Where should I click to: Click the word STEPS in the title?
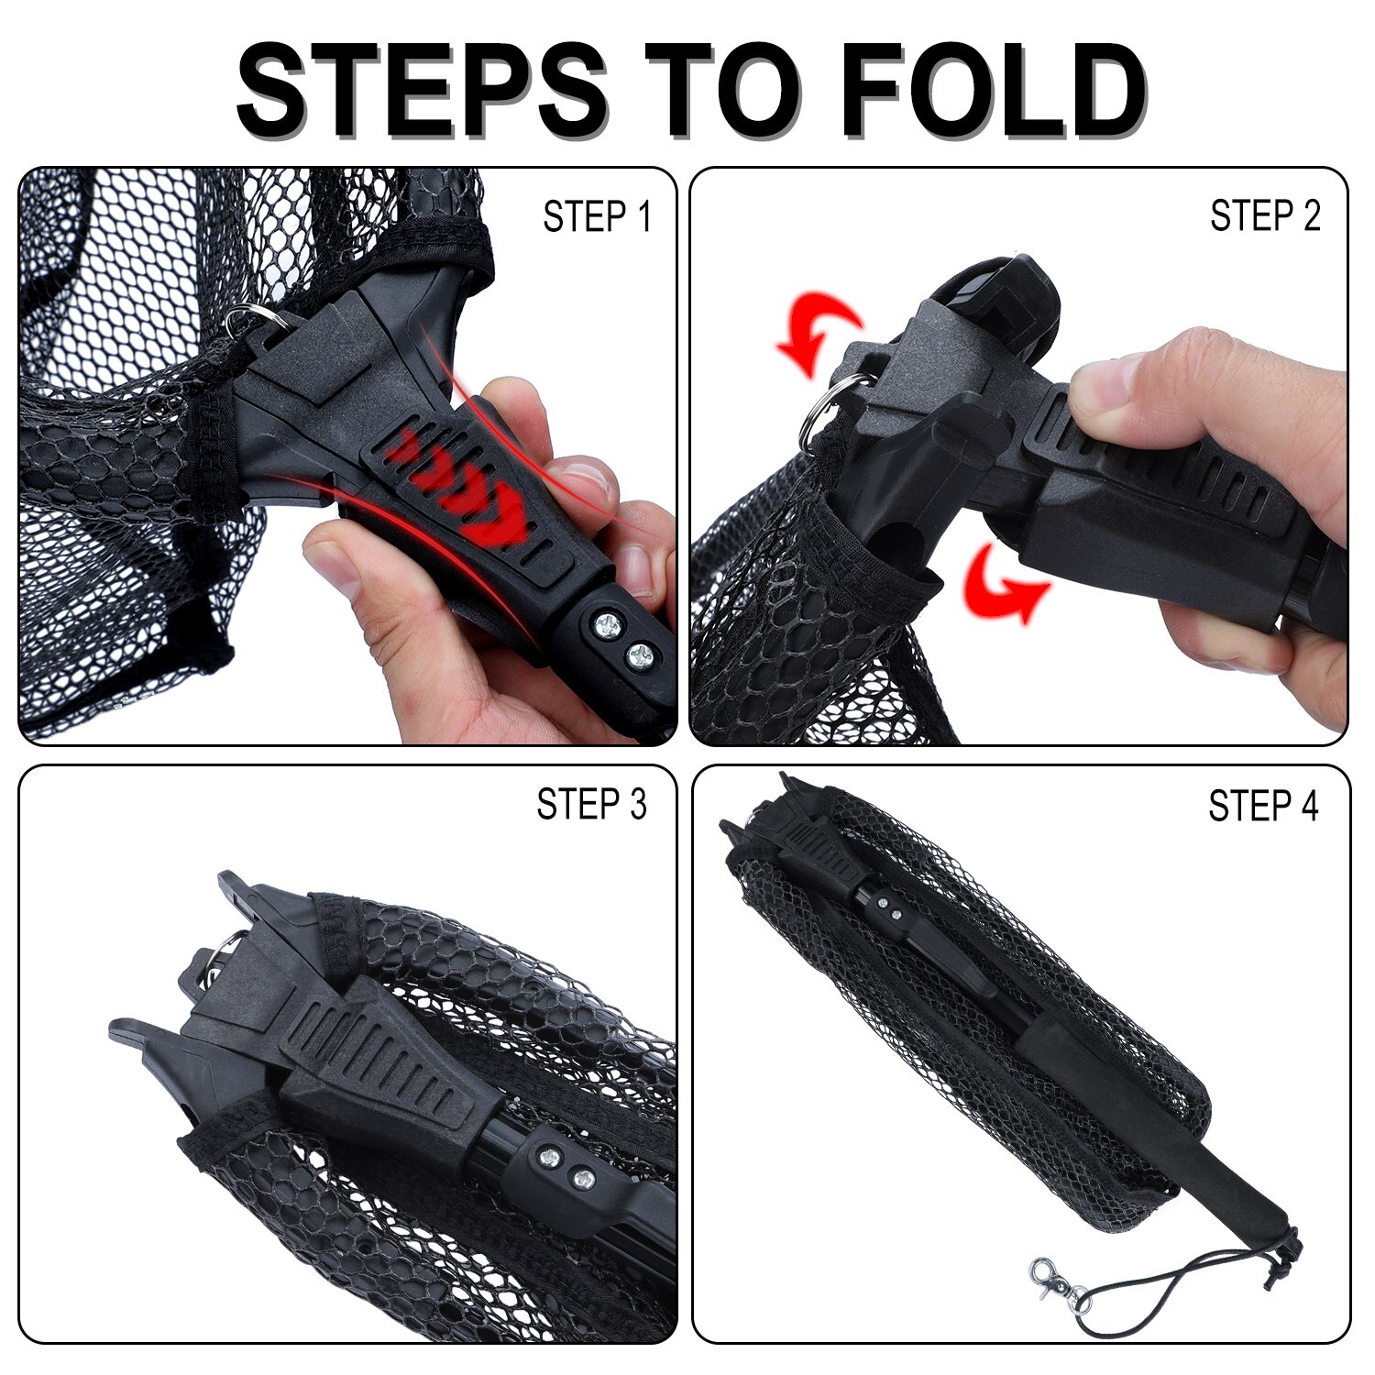pyautogui.click(x=422, y=89)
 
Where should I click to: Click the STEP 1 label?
pyautogui.click(x=597, y=218)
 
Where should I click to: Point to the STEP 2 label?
pyautogui.click(x=1265, y=216)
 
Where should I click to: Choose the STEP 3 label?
pyautogui.click(x=591, y=804)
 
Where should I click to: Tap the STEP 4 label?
pyautogui.click(x=1262, y=806)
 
